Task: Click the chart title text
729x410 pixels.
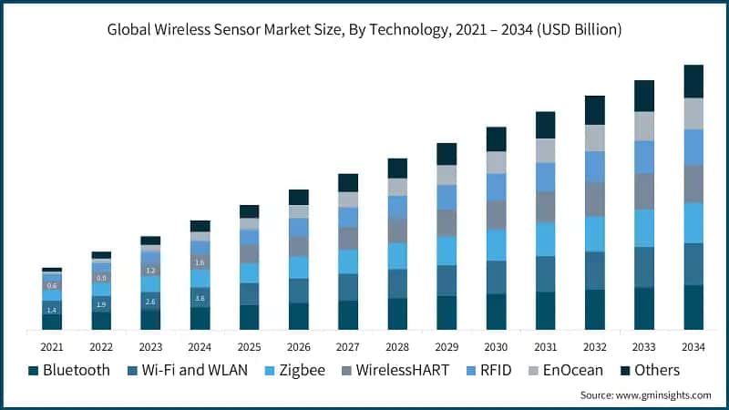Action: (x=364, y=30)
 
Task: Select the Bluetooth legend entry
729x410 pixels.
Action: (x=69, y=370)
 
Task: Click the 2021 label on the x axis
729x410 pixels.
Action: (x=52, y=346)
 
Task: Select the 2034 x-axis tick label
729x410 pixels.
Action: (x=693, y=346)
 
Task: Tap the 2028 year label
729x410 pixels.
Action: (x=397, y=346)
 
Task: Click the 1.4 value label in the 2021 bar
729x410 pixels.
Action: (x=52, y=310)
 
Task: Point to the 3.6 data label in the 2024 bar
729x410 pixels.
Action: (x=200, y=298)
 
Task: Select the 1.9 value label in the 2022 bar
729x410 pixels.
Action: (x=101, y=304)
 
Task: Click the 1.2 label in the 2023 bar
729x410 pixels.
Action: (x=150, y=271)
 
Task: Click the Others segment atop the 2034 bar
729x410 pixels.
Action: (x=693, y=81)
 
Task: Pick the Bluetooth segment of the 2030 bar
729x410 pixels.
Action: (x=496, y=312)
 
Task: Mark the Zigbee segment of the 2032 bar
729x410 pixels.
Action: (x=594, y=233)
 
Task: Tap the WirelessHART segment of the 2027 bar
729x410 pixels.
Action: (x=348, y=238)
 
